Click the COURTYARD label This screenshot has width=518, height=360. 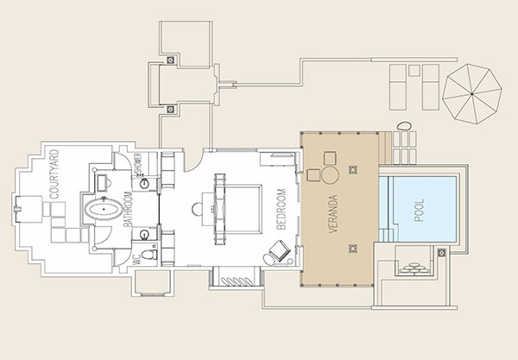[x=54, y=174]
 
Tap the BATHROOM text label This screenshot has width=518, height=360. [x=128, y=209]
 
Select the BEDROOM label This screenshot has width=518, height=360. [x=281, y=209]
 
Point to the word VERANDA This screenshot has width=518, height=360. [x=333, y=214]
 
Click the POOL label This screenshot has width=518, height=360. [x=419, y=211]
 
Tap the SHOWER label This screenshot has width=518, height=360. [x=138, y=163]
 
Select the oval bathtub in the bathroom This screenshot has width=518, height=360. [x=104, y=210]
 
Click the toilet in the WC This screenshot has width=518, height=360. [x=149, y=254]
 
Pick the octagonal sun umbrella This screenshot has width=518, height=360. [x=472, y=94]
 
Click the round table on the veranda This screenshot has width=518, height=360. [x=330, y=175]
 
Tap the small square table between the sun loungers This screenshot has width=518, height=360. [x=414, y=70]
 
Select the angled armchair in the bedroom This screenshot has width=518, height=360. [x=280, y=250]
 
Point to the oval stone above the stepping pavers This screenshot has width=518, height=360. [x=404, y=126]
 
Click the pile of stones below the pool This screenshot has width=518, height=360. [x=414, y=268]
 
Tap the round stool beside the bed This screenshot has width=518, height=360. [x=198, y=210]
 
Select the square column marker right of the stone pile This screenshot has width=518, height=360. [x=442, y=253]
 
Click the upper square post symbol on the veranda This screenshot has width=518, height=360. [x=353, y=170]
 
